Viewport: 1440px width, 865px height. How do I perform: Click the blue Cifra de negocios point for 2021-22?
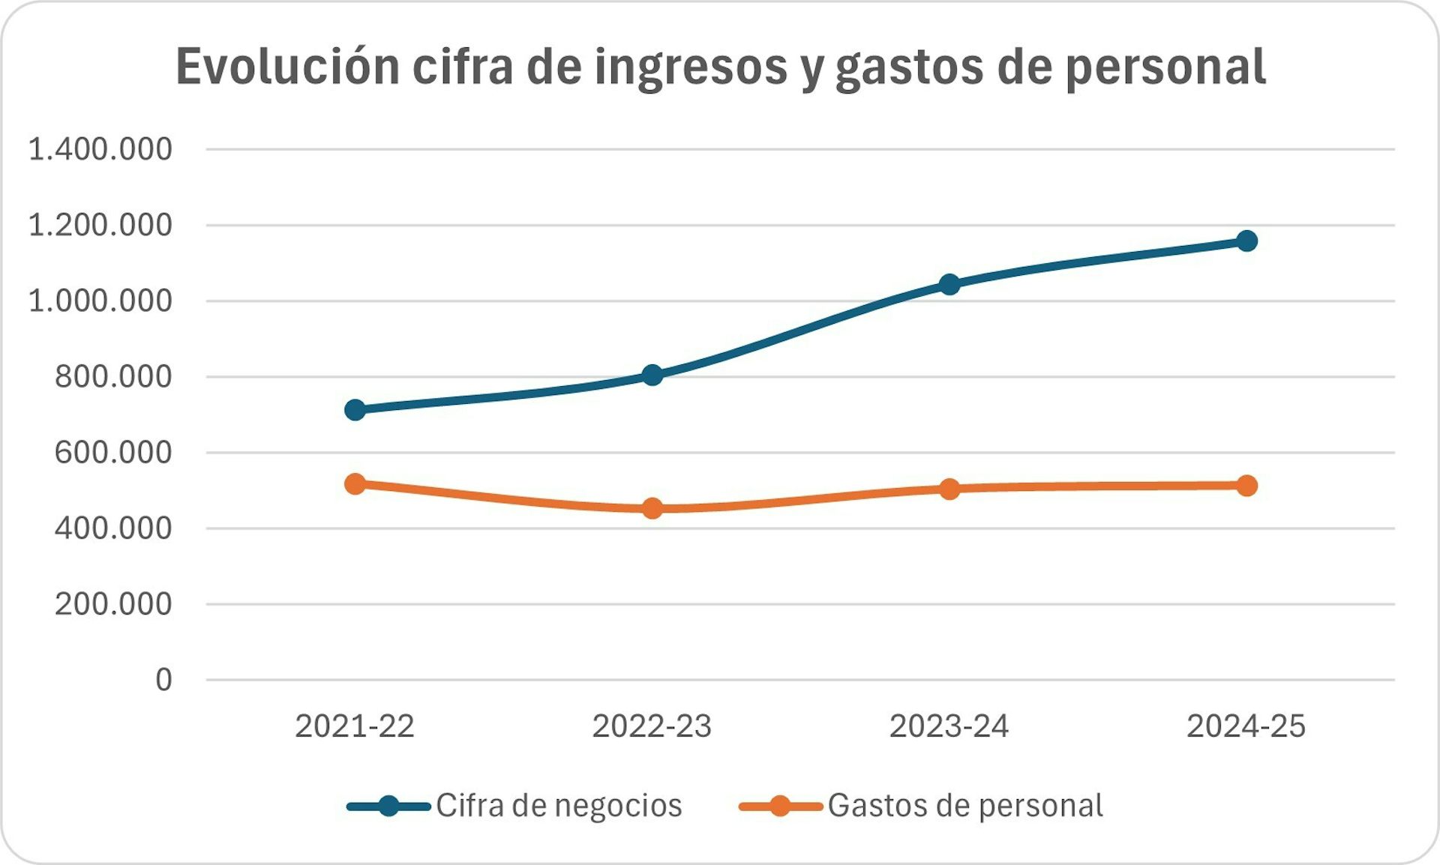[x=355, y=410]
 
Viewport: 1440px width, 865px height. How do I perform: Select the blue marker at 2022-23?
[x=652, y=375]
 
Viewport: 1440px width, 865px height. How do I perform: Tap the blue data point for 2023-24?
[x=949, y=284]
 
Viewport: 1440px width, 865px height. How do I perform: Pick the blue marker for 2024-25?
[x=1246, y=241]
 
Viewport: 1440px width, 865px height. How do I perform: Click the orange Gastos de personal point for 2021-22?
[x=355, y=484]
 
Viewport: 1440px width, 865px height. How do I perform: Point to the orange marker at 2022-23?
[x=652, y=508]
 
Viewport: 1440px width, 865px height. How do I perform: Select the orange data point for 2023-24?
[x=949, y=489]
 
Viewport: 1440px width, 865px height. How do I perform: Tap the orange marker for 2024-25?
[x=1246, y=486]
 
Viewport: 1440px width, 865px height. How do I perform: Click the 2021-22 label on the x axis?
[x=355, y=726]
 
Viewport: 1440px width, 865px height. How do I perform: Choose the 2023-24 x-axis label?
[x=949, y=726]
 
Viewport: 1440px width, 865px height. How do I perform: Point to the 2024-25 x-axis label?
[x=1246, y=726]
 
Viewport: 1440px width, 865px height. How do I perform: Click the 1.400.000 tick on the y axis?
[x=100, y=149]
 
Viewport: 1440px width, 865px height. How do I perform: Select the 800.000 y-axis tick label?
[x=113, y=376]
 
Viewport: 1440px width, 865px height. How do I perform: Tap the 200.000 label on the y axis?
[x=113, y=604]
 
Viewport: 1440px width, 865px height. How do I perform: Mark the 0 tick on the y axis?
[x=163, y=680]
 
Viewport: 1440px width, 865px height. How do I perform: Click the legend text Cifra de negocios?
[x=559, y=806]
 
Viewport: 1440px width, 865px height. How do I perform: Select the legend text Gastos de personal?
[x=965, y=806]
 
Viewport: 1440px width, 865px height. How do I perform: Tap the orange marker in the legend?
[x=780, y=807]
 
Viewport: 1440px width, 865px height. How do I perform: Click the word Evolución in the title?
[x=288, y=67]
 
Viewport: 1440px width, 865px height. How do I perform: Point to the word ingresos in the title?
[x=691, y=67]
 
